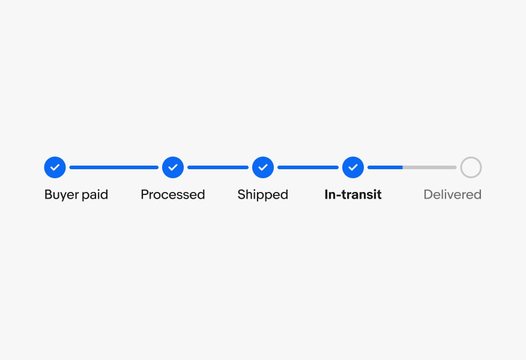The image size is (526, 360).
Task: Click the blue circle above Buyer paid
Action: click(x=55, y=167)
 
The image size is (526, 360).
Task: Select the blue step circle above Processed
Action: click(x=173, y=167)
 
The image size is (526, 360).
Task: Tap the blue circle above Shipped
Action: click(x=263, y=167)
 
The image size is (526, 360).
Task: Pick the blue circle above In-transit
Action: click(x=353, y=167)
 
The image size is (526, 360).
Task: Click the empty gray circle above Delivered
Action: click(x=471, y=167)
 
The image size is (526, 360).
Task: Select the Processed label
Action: click(x=173, y=194)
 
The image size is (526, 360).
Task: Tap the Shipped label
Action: click(x=263, y=194)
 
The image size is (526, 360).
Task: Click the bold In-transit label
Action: click(x=353, y=194)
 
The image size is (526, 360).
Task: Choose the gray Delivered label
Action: click(x=452, y=194)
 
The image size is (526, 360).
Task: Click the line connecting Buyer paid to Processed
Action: click(x=114, y=167)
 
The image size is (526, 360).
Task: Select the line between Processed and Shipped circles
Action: click(x=218, y=167)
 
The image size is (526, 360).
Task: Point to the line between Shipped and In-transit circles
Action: click(x=308, y=167)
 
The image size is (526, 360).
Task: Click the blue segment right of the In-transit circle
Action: click(x=385, y=167)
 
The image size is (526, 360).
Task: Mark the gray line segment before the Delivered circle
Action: click(x=429, y=167)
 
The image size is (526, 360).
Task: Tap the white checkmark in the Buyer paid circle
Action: click(x=55, y=167)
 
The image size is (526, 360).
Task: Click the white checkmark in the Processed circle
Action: click(x=173, y=167)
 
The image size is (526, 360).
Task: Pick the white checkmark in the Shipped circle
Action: click(x=263, y=167)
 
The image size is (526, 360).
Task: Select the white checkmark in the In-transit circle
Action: click(x=353, y=167)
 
